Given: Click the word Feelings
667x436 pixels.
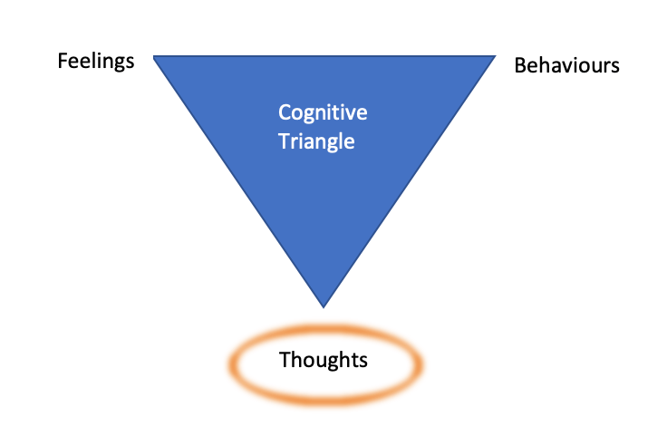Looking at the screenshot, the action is (96, 62).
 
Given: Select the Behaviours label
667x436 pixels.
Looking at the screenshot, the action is (566, 65).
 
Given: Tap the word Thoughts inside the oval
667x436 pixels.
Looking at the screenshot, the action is (324, 360).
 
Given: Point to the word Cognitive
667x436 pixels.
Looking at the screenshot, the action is (323, 113).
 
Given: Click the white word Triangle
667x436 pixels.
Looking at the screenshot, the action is (316, 141).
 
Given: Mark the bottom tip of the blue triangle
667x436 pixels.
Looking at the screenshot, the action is (324, 307).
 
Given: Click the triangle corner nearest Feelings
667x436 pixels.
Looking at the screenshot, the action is (154, 56).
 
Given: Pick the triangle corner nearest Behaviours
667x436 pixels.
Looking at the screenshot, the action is (495, 56).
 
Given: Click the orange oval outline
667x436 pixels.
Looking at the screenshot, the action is (325, 329).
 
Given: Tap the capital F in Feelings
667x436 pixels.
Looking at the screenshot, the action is (63, 61).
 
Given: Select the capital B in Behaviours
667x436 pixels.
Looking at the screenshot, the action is (520, 66).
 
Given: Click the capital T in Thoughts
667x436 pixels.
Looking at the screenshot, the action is (285, 360).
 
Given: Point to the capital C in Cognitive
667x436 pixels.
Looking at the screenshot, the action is (285, 112).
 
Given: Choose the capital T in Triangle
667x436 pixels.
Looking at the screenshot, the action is (285, 141).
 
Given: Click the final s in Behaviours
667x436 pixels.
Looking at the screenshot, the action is (615, 68).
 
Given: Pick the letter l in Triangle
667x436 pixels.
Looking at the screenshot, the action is (340, 140).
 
